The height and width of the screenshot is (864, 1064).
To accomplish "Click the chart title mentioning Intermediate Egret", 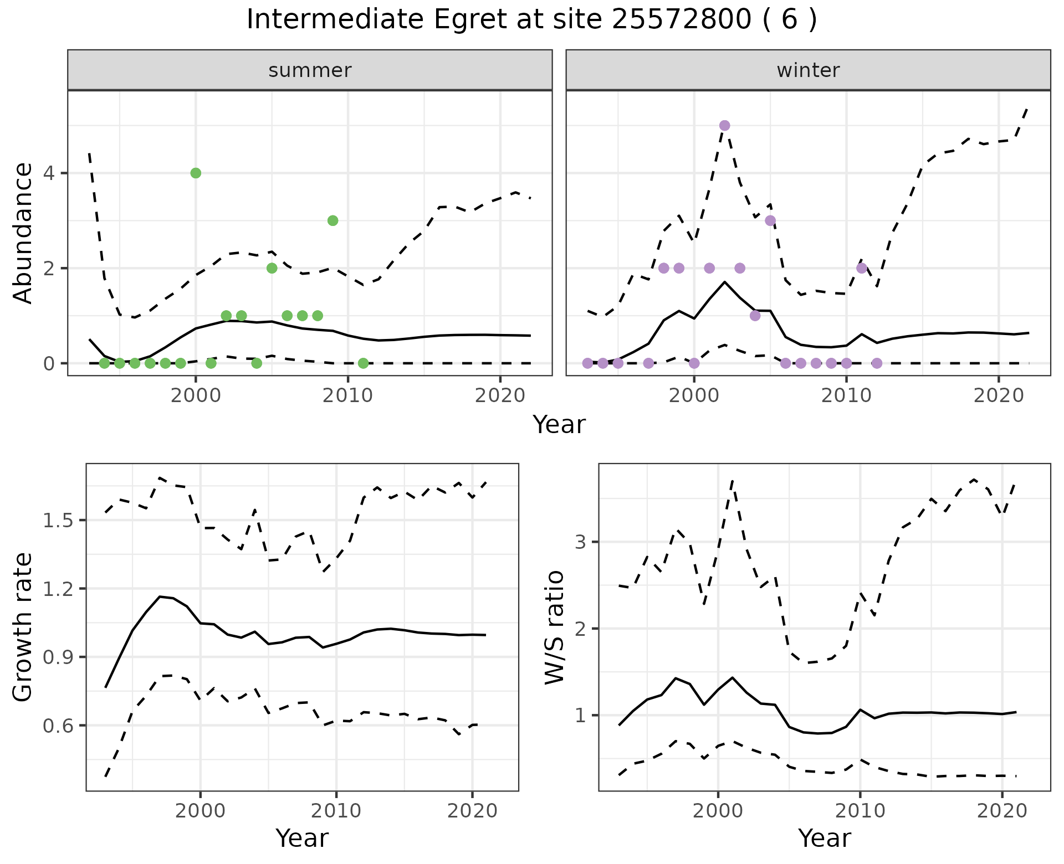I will pyautogui.click(x=531, y=20).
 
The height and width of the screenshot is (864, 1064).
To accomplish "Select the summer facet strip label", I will pyautogui.click(x=310, y=70).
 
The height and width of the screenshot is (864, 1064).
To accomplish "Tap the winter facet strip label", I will pyautogui.click(x=808, y=70).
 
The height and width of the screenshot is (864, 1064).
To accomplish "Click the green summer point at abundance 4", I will pyautogui.click(x=196, y=173).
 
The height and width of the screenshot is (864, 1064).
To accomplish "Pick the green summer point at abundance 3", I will pyautogui.click(x=332, y=220).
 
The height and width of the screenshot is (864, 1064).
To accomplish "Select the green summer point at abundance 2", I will pyautogui.click(x=272, y=268).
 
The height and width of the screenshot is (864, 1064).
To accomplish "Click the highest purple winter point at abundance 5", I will pyautogui.click(x=724, y=126).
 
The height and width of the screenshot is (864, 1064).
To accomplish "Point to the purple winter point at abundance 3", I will pyautogui.click(x=770, y=220).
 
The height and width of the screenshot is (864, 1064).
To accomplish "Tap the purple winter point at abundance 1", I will pyautogui.click(x=755, y=316).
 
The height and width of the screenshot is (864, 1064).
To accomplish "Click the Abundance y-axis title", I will pyautogui.click(x=23, y=233).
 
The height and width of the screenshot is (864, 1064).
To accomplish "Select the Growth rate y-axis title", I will pyautogui.click(x=23, y=628).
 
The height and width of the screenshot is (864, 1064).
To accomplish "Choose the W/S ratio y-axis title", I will pyautogui.click(x=554, y=628).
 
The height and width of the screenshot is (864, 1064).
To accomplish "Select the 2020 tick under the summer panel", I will pyautogui.click(x=500, y=396).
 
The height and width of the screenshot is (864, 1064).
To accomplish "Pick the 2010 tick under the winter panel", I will pyautogui.click(x=846, y=396).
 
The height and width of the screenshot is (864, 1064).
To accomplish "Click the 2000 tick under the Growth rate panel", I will pyautogui.click(x=200, y=811).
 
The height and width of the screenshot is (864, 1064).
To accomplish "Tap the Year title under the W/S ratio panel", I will pyautogui.click(x=824, y=839).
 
